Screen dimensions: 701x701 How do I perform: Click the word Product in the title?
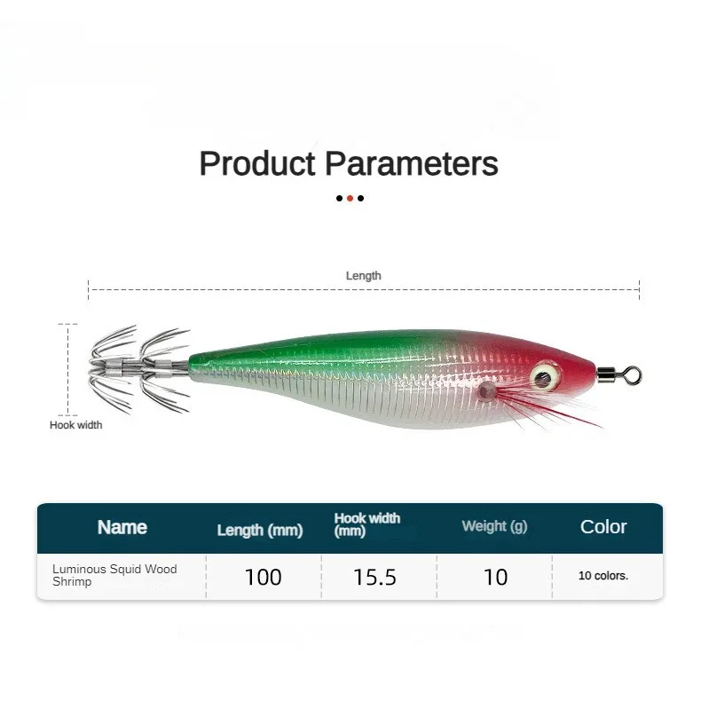257,164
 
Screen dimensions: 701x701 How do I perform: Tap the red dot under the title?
350,198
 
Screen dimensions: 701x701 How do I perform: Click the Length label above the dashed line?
363,276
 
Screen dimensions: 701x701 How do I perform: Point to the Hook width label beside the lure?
75,425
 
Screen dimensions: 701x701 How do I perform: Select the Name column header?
122,527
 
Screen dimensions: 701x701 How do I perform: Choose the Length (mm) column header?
260,530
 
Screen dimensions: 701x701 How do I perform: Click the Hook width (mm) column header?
367,524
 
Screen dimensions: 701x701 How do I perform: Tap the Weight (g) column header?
494,526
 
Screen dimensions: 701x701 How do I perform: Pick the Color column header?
603,527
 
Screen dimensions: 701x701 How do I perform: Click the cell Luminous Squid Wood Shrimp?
114,575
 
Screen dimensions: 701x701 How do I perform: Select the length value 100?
263,577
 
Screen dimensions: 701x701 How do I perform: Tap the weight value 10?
495,577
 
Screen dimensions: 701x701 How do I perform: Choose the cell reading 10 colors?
603,576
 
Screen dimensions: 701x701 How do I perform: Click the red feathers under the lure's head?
550,408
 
